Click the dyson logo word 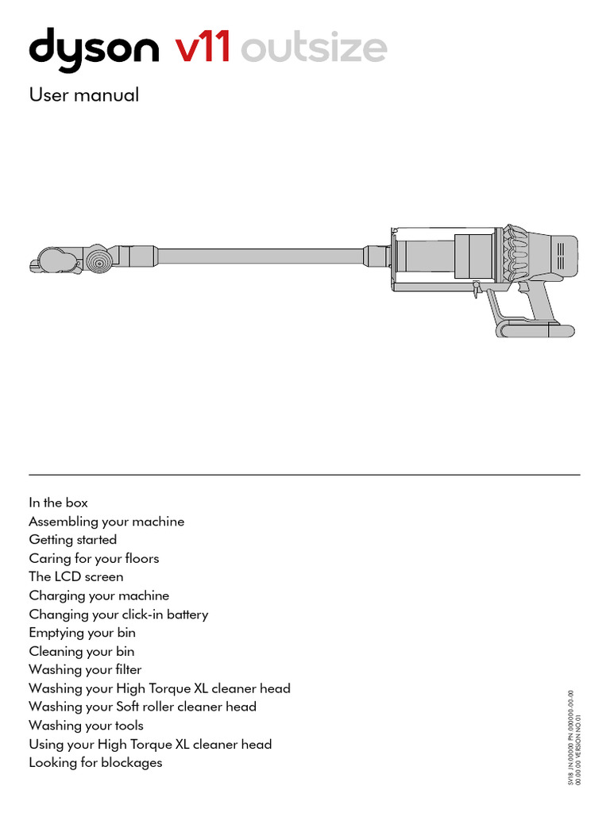94,48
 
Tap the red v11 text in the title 203,48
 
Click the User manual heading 84,95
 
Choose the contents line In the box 59,503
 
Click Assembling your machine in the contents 106,522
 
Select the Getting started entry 73,540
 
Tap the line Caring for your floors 94,558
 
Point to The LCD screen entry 76,576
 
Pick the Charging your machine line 99,595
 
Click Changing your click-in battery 118,615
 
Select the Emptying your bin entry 83,633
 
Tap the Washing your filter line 85,669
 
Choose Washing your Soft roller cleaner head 143,707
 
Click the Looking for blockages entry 95,763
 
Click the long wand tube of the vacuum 262,256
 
